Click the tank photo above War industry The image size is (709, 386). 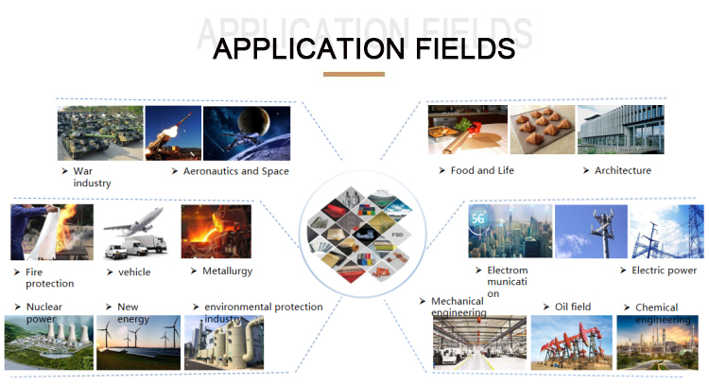point(100,133)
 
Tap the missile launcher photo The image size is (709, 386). point(173,133)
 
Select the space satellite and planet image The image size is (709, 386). point(247,133)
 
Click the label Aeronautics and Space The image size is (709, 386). point(236,171)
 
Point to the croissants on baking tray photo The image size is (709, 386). point(543,130)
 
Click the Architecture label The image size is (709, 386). point(623,170)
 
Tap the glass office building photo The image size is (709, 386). point(621,130)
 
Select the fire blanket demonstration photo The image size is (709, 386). point(52,232)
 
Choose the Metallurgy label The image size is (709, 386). point(228,272)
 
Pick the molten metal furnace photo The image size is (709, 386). point(216,231)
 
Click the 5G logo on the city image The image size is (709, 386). point(478,219)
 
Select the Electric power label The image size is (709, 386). point(664,271)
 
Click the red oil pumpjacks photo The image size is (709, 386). point(572,342)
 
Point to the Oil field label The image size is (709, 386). point(573,307)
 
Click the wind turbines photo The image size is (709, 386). point(138,342)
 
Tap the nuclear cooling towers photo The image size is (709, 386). point(49,342)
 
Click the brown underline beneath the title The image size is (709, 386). point(354,74)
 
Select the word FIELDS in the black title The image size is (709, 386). point(465,49)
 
